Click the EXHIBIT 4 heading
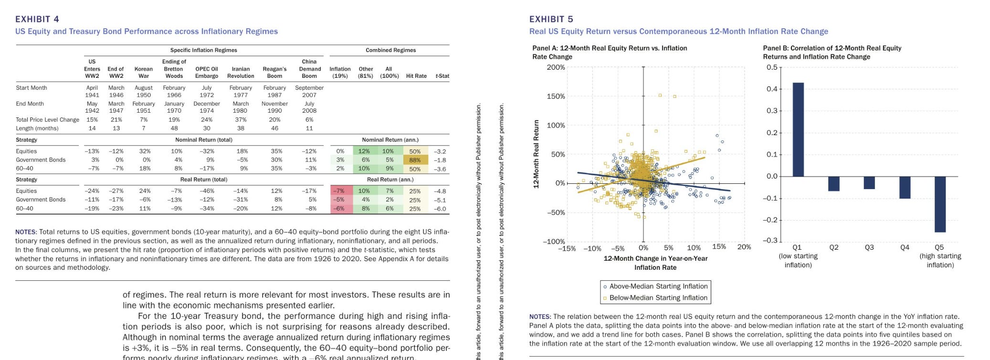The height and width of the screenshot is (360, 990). [x=37, y=19]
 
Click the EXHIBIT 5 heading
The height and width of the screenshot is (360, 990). [x=551, y=19]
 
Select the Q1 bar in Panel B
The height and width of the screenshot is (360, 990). [x=798, y=129]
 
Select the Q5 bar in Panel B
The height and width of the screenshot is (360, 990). [x=940, y=204]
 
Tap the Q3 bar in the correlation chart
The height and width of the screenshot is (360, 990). [x=869, y=183]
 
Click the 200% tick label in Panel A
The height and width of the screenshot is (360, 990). [x=556, y=67]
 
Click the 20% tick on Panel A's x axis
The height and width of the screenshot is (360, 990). [x=744, y=247]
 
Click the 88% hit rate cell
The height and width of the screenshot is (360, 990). [x=414, y=160]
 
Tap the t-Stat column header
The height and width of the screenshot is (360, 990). [x=442, y=76]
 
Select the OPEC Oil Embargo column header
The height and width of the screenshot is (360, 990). [x=207, y=72]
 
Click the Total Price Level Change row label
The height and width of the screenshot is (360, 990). [x=47, y=120]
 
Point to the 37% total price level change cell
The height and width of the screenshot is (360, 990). [x=241, y=120]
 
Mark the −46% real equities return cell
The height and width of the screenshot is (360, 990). [x=207, y=191]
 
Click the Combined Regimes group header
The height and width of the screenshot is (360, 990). [x=390, y=50]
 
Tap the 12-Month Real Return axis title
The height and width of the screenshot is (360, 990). [x=536, y=154]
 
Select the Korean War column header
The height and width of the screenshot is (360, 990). [x=144, y=72]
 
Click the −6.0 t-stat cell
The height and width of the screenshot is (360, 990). [x=440, y=209]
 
